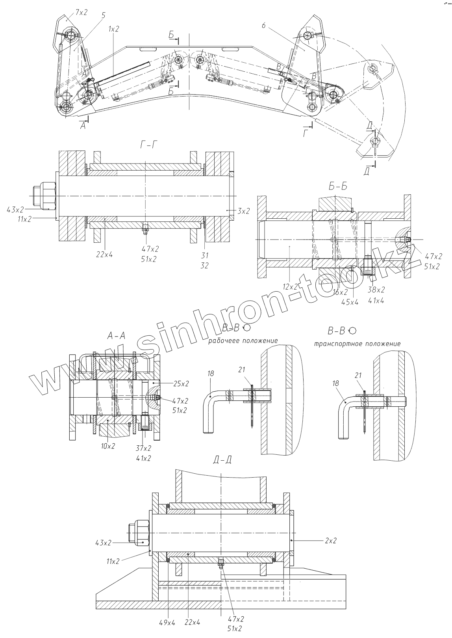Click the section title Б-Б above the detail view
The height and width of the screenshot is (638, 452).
click(337, 186)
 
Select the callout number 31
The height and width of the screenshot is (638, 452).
click(204, 255)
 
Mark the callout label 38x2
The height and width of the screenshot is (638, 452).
click(376, 290)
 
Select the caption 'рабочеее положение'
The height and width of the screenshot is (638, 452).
click(243, 340)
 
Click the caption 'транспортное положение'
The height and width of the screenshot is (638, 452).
click(357, 344)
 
